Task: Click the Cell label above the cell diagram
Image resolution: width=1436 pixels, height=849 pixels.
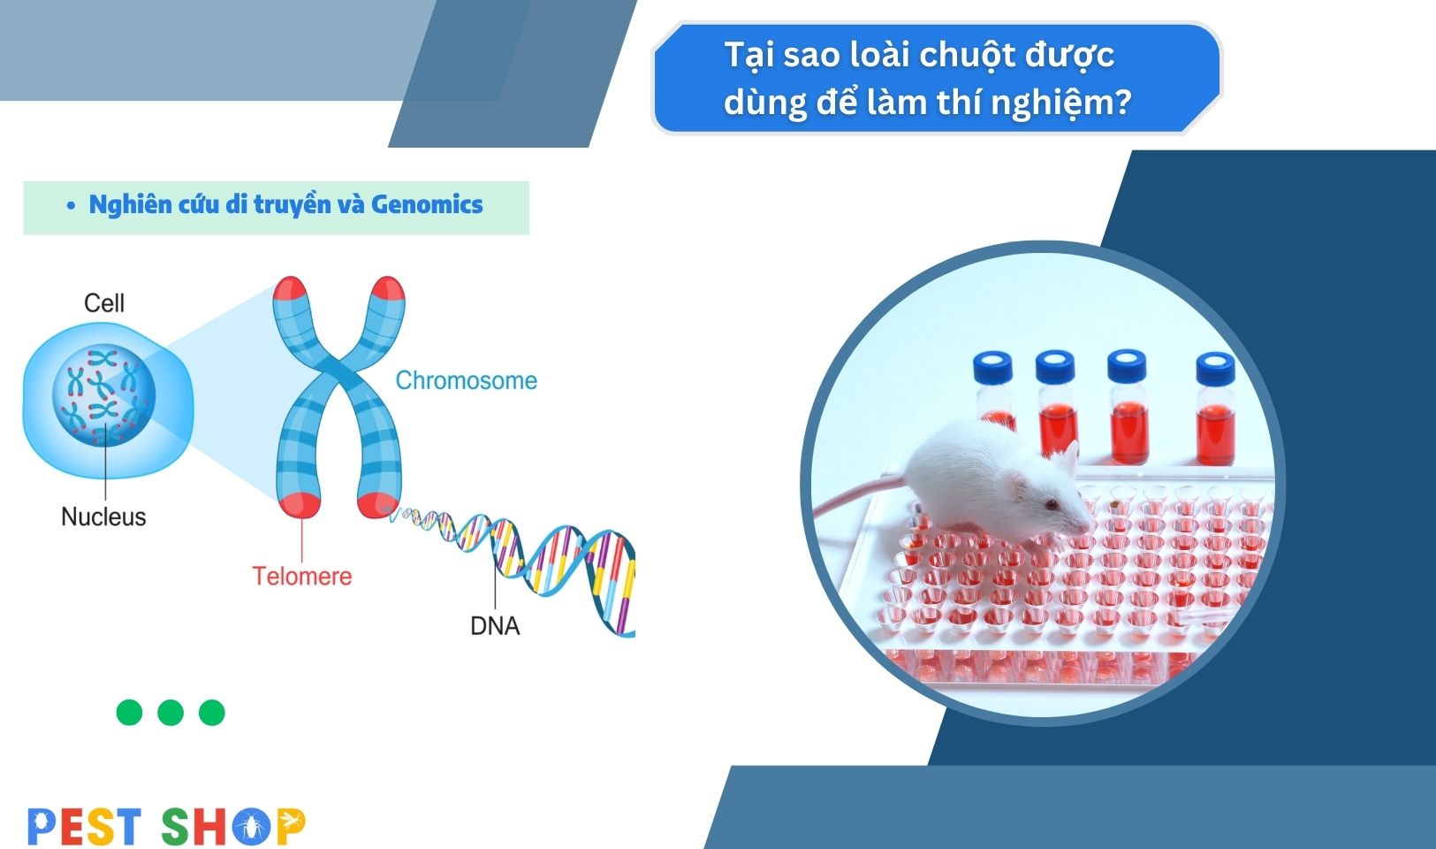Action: pyautogui.click(x=104, y=302)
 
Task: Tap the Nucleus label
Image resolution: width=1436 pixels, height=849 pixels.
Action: pyautogui.click(x=103, y=516)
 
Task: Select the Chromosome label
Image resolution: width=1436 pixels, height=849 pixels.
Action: pyautogui.click(x=466, y=380)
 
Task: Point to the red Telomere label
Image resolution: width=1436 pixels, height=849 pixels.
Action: pyautogui.click(x=302, y=576)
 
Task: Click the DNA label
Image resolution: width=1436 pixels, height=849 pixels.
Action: pyautogui.click(x=495, y=625)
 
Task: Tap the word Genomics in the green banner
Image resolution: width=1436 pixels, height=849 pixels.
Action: pyautogui.click(x=427, y=204)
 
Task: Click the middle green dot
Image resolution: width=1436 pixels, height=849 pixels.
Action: pyautogui.click(x=171, y=712)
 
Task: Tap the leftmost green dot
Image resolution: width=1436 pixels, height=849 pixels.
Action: pyautogui.click(x=130, y=712)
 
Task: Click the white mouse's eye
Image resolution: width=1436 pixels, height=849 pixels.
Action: pyautogui.click(x=1051, y=504)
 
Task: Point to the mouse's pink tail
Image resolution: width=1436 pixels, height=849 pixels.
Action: pyautogui.click(x=859, y=497)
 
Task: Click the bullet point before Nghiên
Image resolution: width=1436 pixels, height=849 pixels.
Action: pyautogui.click(x=72, y=206)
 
